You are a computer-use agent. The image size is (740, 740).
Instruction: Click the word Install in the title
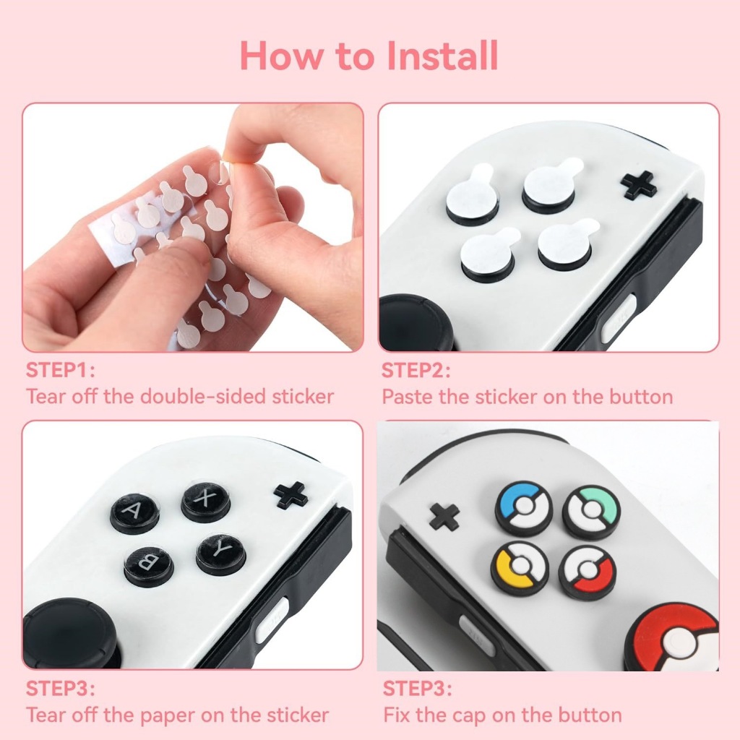pyautogui.click(x=442, y=56)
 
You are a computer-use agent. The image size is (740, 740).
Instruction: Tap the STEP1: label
pyautogui.click(x=61, y=371)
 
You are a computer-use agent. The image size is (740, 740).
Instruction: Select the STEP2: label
pyautogui.click(x=416, y=371)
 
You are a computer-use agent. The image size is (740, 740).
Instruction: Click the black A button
pyautogui.click(x=134, y=513)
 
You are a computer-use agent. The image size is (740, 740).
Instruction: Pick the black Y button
pyautogui.click(x=221, y=554)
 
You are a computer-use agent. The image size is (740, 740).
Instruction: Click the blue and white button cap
pyautogui.click(x=524, y=508)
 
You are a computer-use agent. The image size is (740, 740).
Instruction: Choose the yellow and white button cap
pyautogui.click(x=520, y=568)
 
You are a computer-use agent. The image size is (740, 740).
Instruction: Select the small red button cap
pyautogui.click(x=587, y=573)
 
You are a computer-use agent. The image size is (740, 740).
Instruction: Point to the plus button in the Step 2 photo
pyautogui.click(x=638, y=185)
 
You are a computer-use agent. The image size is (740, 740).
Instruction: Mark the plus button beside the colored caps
pyautogui.click(x=445, y=517)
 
